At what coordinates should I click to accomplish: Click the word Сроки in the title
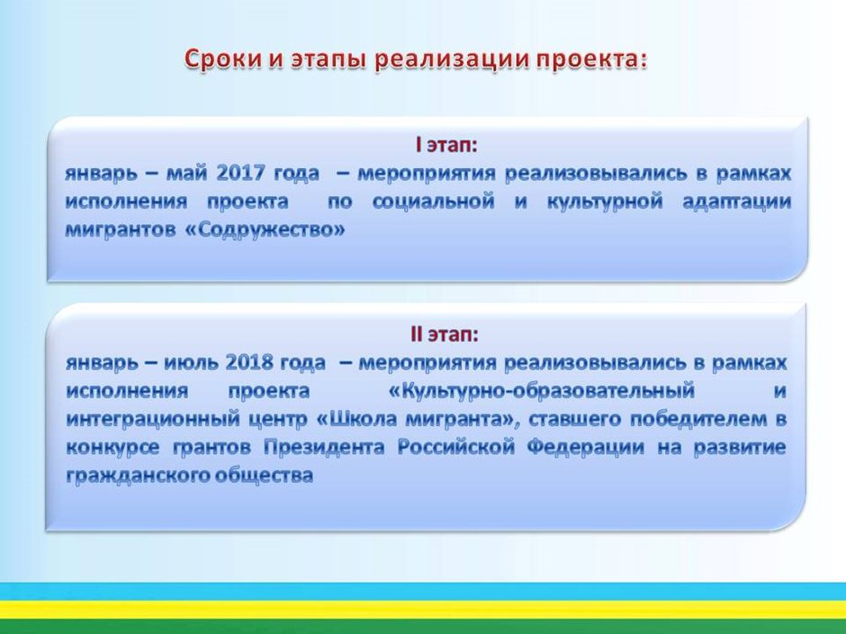tap(223, 59)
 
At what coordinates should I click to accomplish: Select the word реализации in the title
tap(452, 60)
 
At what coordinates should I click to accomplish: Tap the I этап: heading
tap(446, 145)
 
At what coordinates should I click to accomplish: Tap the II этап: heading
tap(445, 335)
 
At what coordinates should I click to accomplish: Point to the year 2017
tap(240, 173)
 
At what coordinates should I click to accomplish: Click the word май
tap(186, 174)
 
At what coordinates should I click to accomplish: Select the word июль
tap(191, 362)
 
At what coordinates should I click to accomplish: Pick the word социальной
tap(433, 201)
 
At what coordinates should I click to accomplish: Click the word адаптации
tap(736, 202)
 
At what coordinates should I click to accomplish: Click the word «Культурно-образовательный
tap(541, 391)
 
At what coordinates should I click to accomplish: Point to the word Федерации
tap(585, 448)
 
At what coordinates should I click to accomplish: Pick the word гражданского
tap(136, 476)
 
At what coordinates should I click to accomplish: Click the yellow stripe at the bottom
tap(423, 610)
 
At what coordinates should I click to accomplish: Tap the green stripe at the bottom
tap(423, 627)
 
